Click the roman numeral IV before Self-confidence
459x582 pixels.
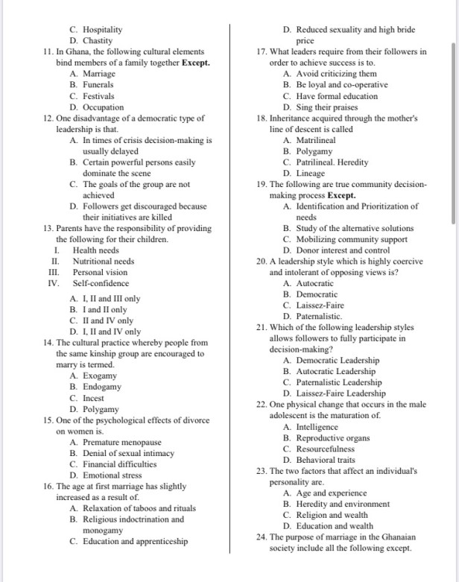coord(53,283)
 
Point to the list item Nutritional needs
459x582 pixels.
coord(104,262)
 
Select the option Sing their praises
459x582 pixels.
coord(321,107)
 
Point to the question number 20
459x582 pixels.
coord(261,262)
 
